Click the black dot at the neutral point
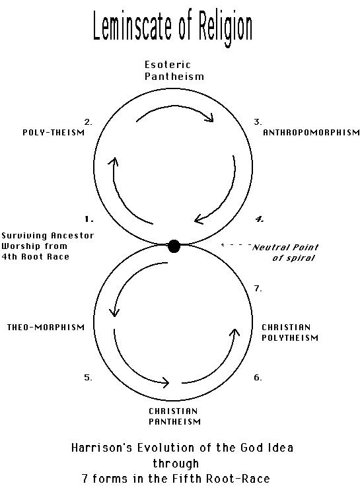coord(174,246)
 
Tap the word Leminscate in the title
coord(132,26)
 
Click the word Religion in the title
coord(225,28)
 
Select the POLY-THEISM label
coord(54,133)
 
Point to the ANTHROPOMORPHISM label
coord(311,133)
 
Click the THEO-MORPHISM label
coord(46,327)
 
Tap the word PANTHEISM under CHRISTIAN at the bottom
coord(174,422)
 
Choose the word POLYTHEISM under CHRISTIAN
coord(290,337)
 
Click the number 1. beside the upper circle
coord(89,219)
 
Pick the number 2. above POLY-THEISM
coord(89,122)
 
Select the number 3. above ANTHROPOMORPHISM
coord(258,122)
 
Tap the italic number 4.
coord(260,219)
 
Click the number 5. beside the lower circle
coord(88,378)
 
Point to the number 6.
coord(258,378)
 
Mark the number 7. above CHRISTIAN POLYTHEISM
coord(258,289)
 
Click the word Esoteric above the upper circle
coord(168,65)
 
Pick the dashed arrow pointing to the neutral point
coord(236,244)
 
